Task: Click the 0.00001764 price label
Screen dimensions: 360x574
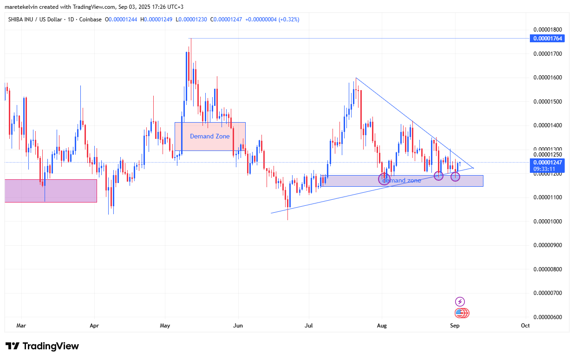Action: (x=548, y=39)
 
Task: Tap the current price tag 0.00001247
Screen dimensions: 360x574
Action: (x=548, y=163)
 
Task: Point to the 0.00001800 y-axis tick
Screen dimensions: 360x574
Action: (x=548, y=29)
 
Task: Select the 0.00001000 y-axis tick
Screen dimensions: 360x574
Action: (x=548, y=222)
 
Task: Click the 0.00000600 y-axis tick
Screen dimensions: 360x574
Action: (x=548, y=317)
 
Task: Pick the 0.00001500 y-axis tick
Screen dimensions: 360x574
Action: (x=548, y=102)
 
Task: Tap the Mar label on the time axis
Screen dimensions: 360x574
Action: (x=21, y=326)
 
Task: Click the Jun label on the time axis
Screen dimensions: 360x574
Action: (x=238, y=326)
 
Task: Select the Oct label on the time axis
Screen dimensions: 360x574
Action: (x=525, y=326)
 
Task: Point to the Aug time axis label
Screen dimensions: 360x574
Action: (x=382, y=326)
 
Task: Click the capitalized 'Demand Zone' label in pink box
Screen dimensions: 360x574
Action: (x=209, y=137)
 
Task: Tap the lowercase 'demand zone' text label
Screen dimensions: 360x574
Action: (x=402, y=180)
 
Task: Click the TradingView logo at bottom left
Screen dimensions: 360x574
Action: (x=42, y=346)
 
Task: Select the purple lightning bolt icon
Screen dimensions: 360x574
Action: (x=460, y=301)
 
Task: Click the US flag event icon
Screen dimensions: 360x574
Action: (x=460, y=313)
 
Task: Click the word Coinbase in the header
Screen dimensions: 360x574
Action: (x=91, y=20)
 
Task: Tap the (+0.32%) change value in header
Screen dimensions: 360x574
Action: (x=288, y=20)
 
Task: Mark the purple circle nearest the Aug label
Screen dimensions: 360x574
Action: (x=384, y=179)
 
